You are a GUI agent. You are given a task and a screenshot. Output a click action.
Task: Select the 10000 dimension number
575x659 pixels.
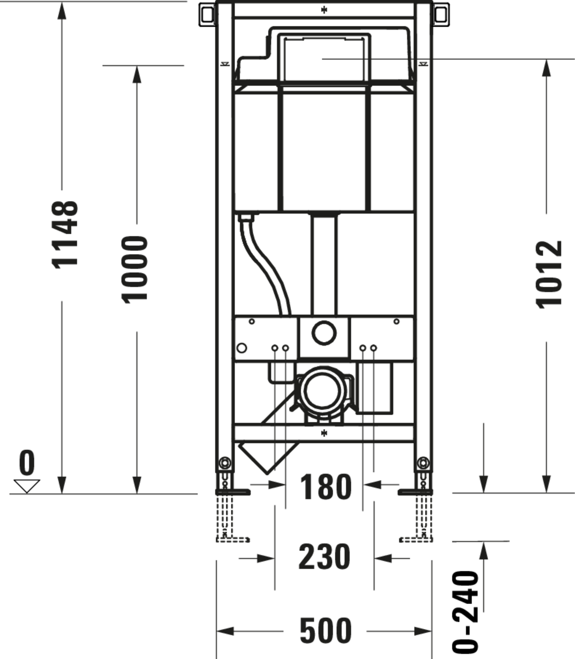(135, 269)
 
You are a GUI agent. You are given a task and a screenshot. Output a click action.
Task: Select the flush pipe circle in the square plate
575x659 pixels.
(324, 333)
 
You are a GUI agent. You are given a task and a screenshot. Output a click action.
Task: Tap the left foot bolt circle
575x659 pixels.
(225, 463)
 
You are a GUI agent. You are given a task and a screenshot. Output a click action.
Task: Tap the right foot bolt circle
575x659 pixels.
(423, 463)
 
